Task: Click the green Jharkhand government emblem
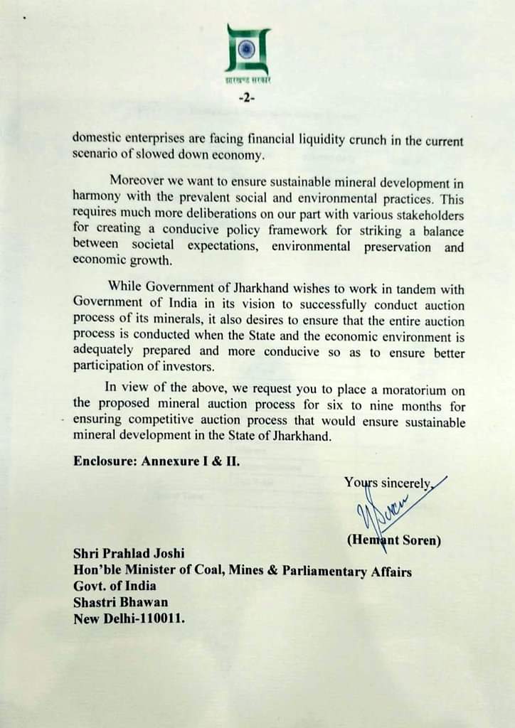point(248,50)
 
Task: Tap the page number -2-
point(248,99)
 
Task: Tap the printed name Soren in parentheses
point(418,540)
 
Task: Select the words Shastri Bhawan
point(120,602)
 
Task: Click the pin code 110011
point(163,619)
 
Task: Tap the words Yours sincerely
point(388,483)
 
